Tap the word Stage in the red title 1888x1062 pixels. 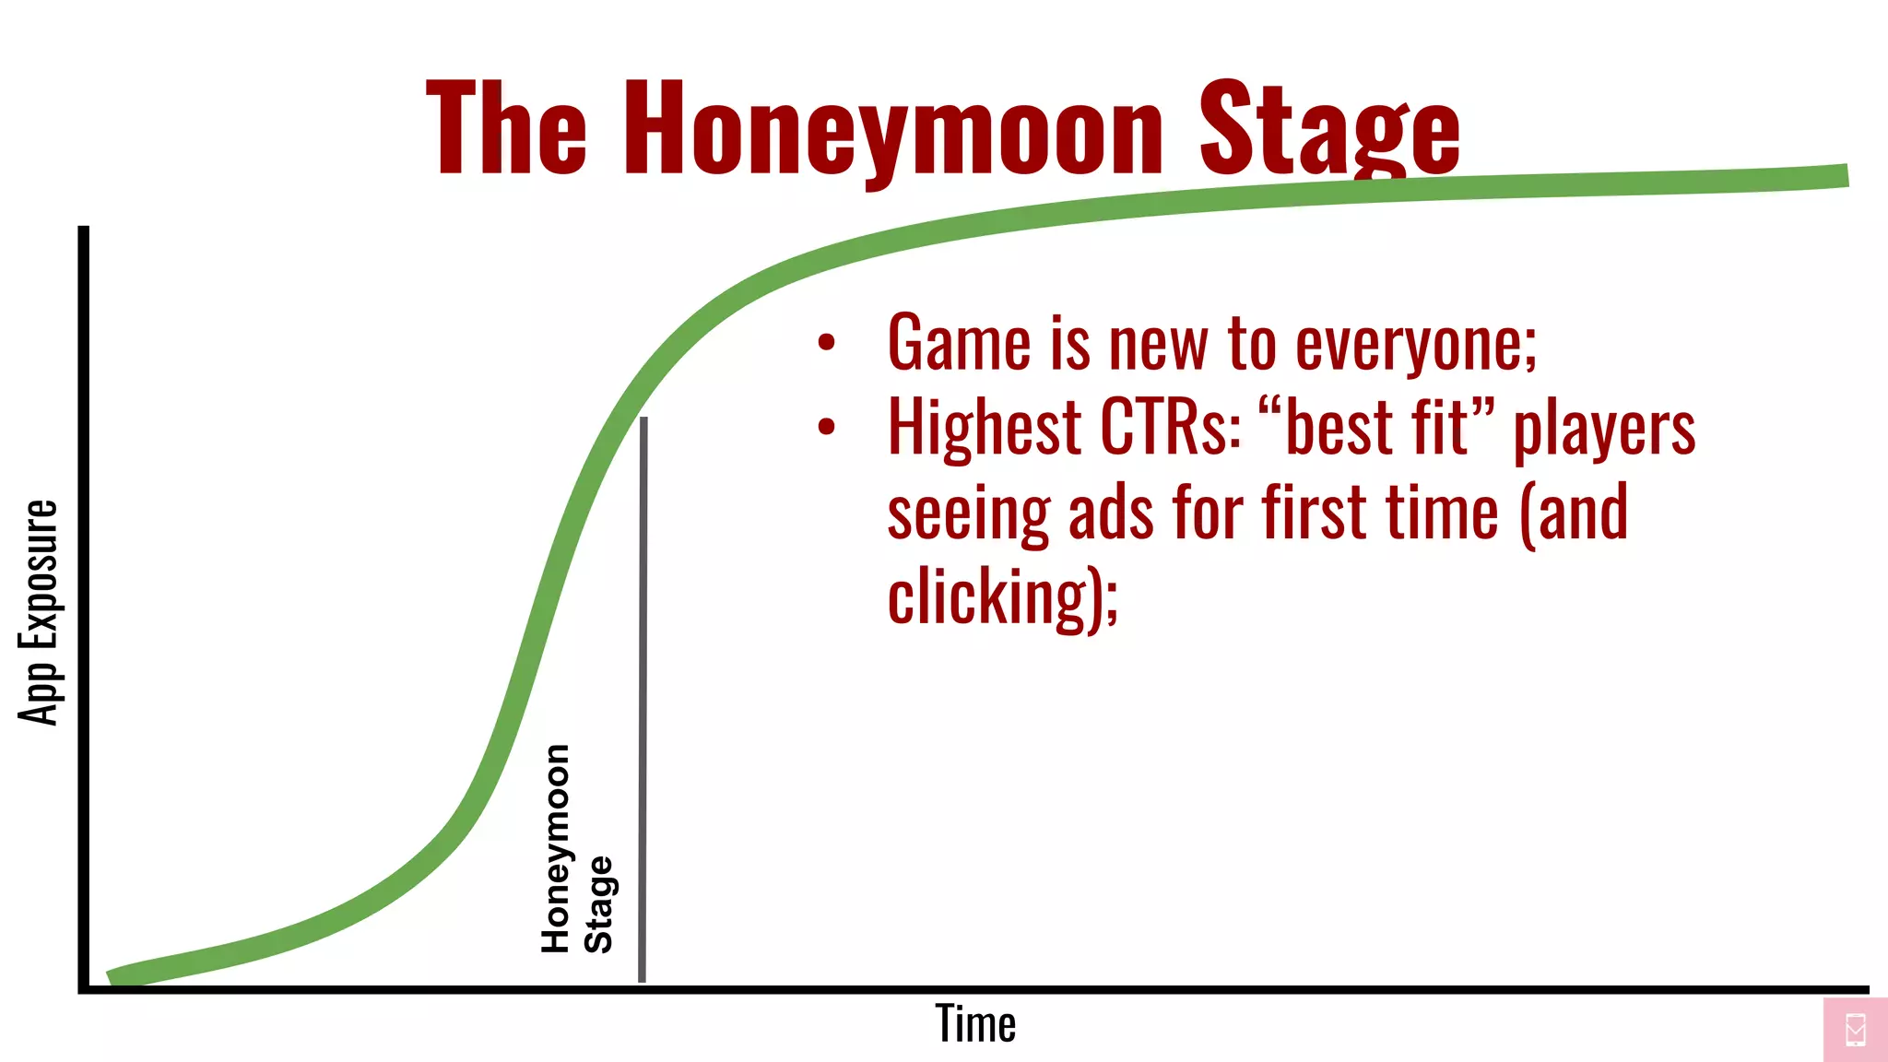point(1328,129)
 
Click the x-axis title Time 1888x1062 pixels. point(975,1023)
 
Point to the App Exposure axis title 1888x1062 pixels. point(39,613)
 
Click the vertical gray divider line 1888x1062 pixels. point(643,701)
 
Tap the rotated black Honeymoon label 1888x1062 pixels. point(556,848)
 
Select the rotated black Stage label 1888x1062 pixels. point(598,904)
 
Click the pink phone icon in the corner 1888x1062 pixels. point(1856,1030)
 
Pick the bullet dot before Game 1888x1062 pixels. point(826,343)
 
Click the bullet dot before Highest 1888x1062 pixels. point(826,427)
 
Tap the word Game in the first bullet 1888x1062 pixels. point(959,343)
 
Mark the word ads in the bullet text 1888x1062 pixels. point(1110,514)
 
